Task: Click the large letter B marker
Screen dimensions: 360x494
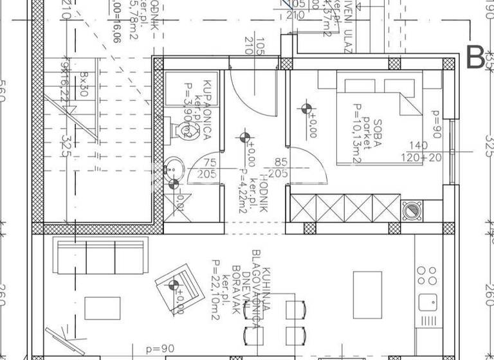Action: point(475,57)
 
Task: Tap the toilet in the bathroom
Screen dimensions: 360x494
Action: point(179,131)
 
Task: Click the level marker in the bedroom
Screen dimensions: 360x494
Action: point(307,109)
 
